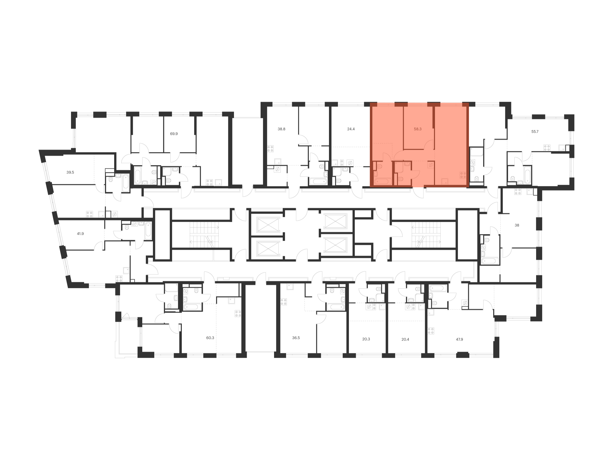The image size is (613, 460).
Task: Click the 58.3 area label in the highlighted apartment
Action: pos(417,129)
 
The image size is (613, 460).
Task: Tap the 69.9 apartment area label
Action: pos(174,134)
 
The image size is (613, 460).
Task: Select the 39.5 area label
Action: pos(70,172)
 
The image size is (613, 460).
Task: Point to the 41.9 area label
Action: pos(80,234)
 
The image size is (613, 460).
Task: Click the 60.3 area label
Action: pos(210,338)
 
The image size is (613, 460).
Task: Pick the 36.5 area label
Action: pos(296,338)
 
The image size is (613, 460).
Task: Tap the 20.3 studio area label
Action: pos(366,339)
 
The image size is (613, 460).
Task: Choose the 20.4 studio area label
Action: pos(405,339)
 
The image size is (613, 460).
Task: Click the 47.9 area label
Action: pos(459,339)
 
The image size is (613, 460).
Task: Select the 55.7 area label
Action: pos(535,131)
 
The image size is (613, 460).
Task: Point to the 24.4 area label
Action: pos(351,129)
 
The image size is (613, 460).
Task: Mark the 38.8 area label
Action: pos(281,129)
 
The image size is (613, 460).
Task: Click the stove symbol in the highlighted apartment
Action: pos(463,175)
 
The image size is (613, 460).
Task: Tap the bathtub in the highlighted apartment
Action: pos(383,182)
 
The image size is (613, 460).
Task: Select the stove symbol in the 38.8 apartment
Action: pos(270,149)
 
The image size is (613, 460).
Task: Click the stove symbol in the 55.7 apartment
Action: pos(547,148)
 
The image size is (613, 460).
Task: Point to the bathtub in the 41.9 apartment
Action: pos(148,231)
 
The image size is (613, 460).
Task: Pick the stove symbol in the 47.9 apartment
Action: pos(431,331)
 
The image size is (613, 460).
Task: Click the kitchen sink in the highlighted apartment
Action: pos(445,181)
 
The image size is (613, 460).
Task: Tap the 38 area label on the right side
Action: pos(517,225)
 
